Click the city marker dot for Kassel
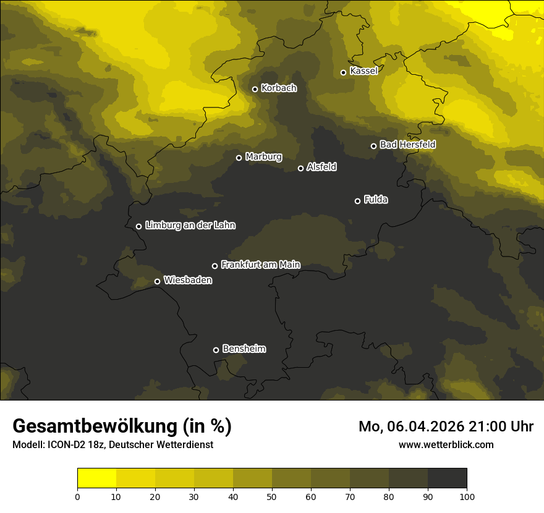[343, 72]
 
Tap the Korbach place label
[279, 88]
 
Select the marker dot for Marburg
[239, 158]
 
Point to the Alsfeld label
[321, 167]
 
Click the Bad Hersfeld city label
[407, 145]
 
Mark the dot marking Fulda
[357, 201]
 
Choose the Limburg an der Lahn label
[190, 226]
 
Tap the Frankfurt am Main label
[260, 265]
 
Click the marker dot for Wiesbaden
[157, 281]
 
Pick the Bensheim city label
[244, 349]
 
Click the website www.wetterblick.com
[446, 444]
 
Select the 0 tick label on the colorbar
[77, 496]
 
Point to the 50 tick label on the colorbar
[272, 496]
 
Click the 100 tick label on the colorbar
[467, 496]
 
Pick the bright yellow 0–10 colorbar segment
[96, 478]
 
